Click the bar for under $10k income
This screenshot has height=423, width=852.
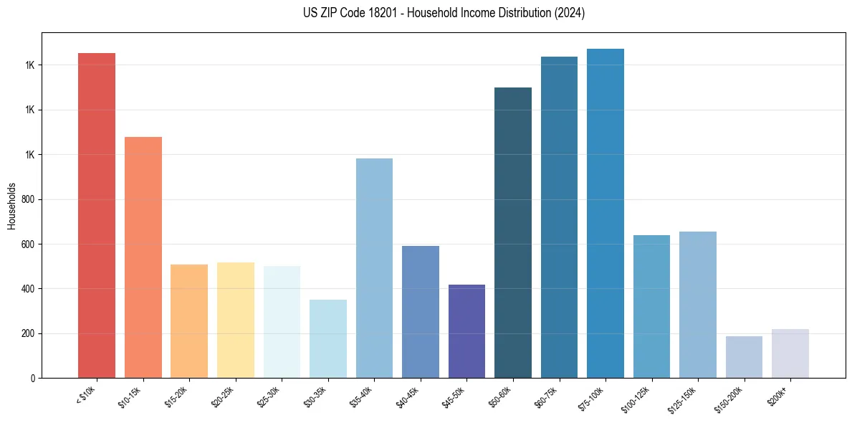(x=97, y=215)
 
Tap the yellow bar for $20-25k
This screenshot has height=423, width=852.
(x=236, y=320)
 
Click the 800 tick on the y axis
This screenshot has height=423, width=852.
(x=29, y=199)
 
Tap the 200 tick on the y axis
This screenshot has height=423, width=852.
(x=29, y=333)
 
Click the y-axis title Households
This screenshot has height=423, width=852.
(x=12, y=205)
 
